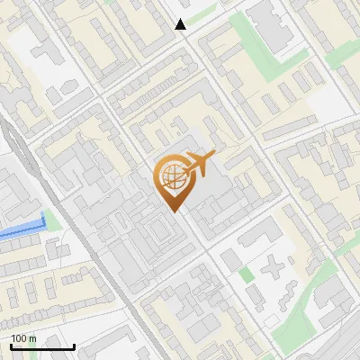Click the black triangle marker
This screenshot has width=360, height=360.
tap(181, 24)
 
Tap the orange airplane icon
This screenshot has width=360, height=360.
tap(198, 164)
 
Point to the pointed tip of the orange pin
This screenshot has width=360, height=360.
tap(173, 211)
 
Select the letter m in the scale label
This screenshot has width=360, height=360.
tap(32, 339)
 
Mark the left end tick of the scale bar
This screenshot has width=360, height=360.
tap(11, 346)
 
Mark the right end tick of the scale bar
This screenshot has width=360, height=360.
tap(74, 346)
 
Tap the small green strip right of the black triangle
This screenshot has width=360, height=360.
tap(203, 13)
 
